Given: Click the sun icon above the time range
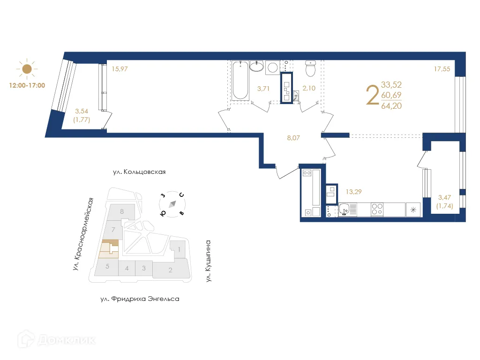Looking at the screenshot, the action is [27, 69].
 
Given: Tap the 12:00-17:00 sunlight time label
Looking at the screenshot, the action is [27, 85].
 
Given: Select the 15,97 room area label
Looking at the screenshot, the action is [120, 69].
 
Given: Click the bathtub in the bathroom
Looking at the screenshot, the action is [240, 81].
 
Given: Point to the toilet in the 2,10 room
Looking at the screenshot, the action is [310, 68].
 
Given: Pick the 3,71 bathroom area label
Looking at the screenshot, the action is [263, 89].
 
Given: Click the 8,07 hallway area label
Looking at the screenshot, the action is [293, 138].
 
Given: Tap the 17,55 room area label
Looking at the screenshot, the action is [442, 69].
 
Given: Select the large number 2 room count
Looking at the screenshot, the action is [373, 95].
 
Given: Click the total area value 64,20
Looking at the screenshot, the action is [391, 106].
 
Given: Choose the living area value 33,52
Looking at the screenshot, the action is [391, 85].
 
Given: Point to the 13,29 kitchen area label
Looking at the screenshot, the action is [353, 192].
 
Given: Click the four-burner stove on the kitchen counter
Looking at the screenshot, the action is [377, 210].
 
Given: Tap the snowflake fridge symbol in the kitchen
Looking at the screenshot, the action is [413, 210].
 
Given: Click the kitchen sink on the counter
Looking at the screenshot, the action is [345, 210].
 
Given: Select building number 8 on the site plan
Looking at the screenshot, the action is [122, 211].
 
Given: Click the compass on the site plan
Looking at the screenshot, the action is [172, 204].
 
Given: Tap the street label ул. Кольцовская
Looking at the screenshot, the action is [139, 172].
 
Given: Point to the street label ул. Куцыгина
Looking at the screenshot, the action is [208, 261].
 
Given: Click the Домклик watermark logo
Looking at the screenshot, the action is [57, 339].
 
